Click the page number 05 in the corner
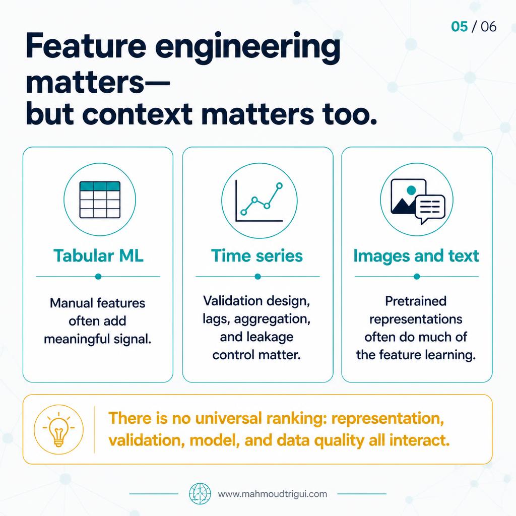click(x=460, y=27)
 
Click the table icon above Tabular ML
click(x=100, y=200)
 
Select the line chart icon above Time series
click(x=259, y=201)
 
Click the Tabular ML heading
click(x=98, y=255)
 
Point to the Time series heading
click(x=256, y=255)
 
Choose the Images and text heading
click(x=416, y=255)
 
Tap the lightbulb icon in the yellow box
click(x=58, y=429)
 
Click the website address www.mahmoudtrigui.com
click(x=273, y=494)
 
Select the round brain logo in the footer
click(x=200, y=494)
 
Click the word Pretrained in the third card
click(x=416, y=301)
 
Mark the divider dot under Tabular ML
click(x=98, y=277)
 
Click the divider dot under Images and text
click(x=417, y=277)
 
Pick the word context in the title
click(x=137, y=114)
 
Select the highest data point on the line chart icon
click(x=279, y=186)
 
